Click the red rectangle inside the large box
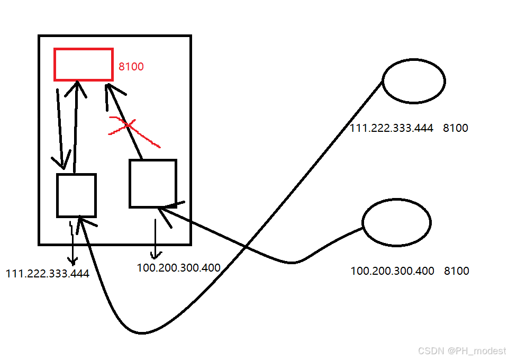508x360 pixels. pos(84,65)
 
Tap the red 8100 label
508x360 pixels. pos(131,67)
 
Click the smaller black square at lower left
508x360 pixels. pos(76,195)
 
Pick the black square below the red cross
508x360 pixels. pos(152,183)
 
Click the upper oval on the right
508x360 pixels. pos(414,81)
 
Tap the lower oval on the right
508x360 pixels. pos(397,223)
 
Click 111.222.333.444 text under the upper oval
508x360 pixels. pos(392,128)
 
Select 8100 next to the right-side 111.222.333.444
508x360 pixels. pos(456,128)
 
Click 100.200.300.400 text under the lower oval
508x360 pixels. pos(392,271)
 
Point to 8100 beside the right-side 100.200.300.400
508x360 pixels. pos(456,271)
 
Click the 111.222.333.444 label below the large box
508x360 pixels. pos(48,274)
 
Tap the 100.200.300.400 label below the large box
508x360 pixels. pos(178,268)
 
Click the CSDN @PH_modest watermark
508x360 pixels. pos(461,351)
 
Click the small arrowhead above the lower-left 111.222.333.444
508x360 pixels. pos(72,260)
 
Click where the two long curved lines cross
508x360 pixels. pos(246,247)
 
